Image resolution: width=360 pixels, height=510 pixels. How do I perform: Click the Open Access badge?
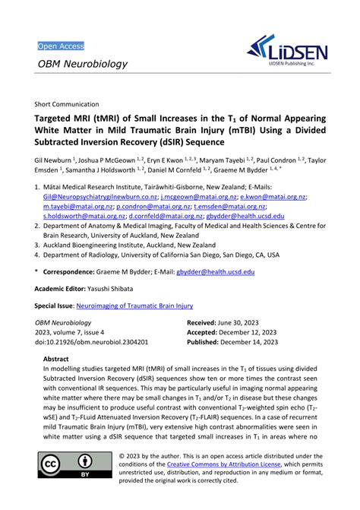pyautogui.click(x=61, y=46)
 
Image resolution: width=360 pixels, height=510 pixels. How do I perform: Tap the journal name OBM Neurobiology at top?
pyautogui.click(x=83, y=64)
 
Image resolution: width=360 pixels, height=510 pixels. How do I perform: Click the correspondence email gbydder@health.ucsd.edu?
pyautogui.click(x=214, y=271)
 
